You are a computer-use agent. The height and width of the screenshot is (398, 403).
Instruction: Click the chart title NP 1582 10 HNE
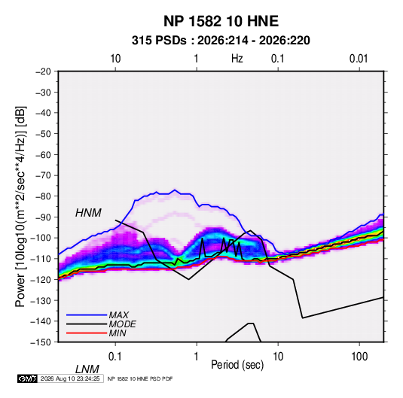pyautogui.click(x=221, y=21)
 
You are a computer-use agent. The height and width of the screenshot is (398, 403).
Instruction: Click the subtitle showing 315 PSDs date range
pyautogui.click(x=221, y=41)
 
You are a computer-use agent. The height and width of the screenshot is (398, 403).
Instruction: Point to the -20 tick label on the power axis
pyautogui.click(x=43, y=71)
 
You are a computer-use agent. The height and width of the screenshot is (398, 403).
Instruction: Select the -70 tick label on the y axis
pyautogui.click(x=43, y=175)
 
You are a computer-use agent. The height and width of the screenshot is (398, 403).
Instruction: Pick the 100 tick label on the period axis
pyautogui.click(x=359, y=357)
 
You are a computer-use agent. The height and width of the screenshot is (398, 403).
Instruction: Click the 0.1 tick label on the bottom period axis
pyautogui.click(x=115, y=357)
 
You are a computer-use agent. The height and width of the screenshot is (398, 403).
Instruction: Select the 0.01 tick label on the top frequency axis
pyautogui.click(x=359, y=59)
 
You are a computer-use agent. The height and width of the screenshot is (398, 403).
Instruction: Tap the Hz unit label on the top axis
pyautogui.click(x=237, y=59)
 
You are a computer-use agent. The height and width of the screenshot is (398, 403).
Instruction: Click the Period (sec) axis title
pyautogui.click(x=237, y=365)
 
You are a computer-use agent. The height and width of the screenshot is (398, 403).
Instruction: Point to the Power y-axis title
pyautogui.click(x=20, y=206)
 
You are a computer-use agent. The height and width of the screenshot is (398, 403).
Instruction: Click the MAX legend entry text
pyautogui.click(x=118, y=315)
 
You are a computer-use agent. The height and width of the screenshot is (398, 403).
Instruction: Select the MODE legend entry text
pyautogui.click(x=122, y=324)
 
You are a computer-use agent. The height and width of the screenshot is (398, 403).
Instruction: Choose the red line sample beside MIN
pyautogui.click(x=87, y=333)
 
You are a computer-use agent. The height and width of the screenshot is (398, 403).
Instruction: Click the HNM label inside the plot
pyautogui.click(x=88, y=213)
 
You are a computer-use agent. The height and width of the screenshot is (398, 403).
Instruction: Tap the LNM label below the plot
pyautogui.click(x=87, y=369)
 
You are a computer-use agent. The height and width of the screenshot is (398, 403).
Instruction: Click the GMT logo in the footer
pyautogui.click(x=28, y=378)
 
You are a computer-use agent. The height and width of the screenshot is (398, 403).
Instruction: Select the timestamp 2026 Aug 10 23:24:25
pyautogui.click(x=70, y=378)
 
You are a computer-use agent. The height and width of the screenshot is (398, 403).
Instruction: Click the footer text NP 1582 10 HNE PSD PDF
pyautogui.click(x=140, y=378)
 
